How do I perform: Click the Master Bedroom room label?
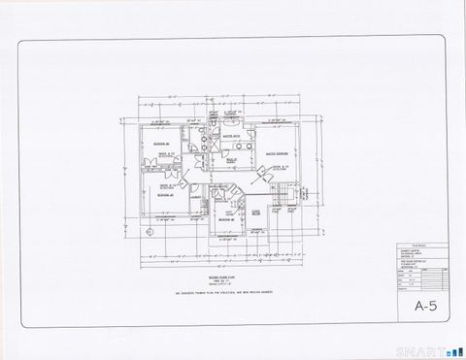click(x=275, y=154)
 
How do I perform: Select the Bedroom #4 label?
click(x=160, y=145)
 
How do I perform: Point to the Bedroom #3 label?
click(x=162, y=194)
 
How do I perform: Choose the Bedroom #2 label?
click(x=225, y=220)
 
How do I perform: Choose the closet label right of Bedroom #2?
click(x=257, y=213)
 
